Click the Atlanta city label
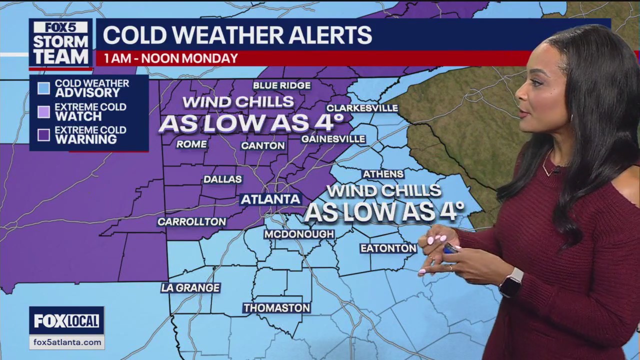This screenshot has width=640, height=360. pos(270,199)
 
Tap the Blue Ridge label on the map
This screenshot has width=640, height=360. pos(281,85)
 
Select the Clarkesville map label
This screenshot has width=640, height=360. pos(362,108)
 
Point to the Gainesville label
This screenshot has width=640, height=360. pos(333,138)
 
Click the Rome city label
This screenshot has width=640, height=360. pos(191,144)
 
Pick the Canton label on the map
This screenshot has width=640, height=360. pos(262,145)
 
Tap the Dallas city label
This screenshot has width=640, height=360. pos(222,179)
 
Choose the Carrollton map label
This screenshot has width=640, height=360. pos(191,221)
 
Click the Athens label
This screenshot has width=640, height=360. pos(383,174)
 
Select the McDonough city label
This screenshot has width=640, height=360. pos(299,234)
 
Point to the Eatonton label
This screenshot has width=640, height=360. pos(388,248)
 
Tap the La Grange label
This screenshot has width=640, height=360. pos(190,287)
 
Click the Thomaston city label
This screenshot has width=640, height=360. pos(276,308)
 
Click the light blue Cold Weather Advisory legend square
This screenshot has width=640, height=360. pos(43,88)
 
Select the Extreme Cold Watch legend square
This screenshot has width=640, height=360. pos(43,112)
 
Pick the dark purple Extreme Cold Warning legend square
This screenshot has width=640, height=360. pos(43,135)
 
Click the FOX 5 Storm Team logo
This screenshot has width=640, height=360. pos(60,43)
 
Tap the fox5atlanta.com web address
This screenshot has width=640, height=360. pos(66,342)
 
